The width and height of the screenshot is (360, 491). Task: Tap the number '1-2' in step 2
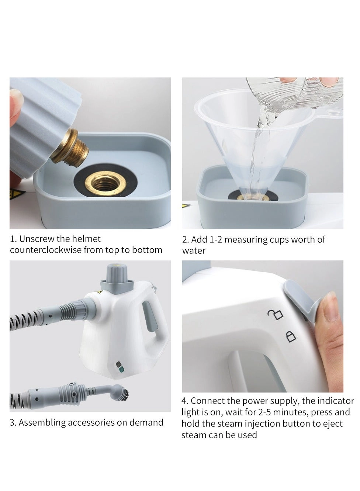tap(216, 239)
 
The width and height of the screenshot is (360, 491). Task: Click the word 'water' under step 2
tap(194, 251)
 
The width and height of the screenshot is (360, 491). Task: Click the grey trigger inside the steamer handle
tap(150, 316)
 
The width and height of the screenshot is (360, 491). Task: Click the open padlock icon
tap(275, 314)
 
